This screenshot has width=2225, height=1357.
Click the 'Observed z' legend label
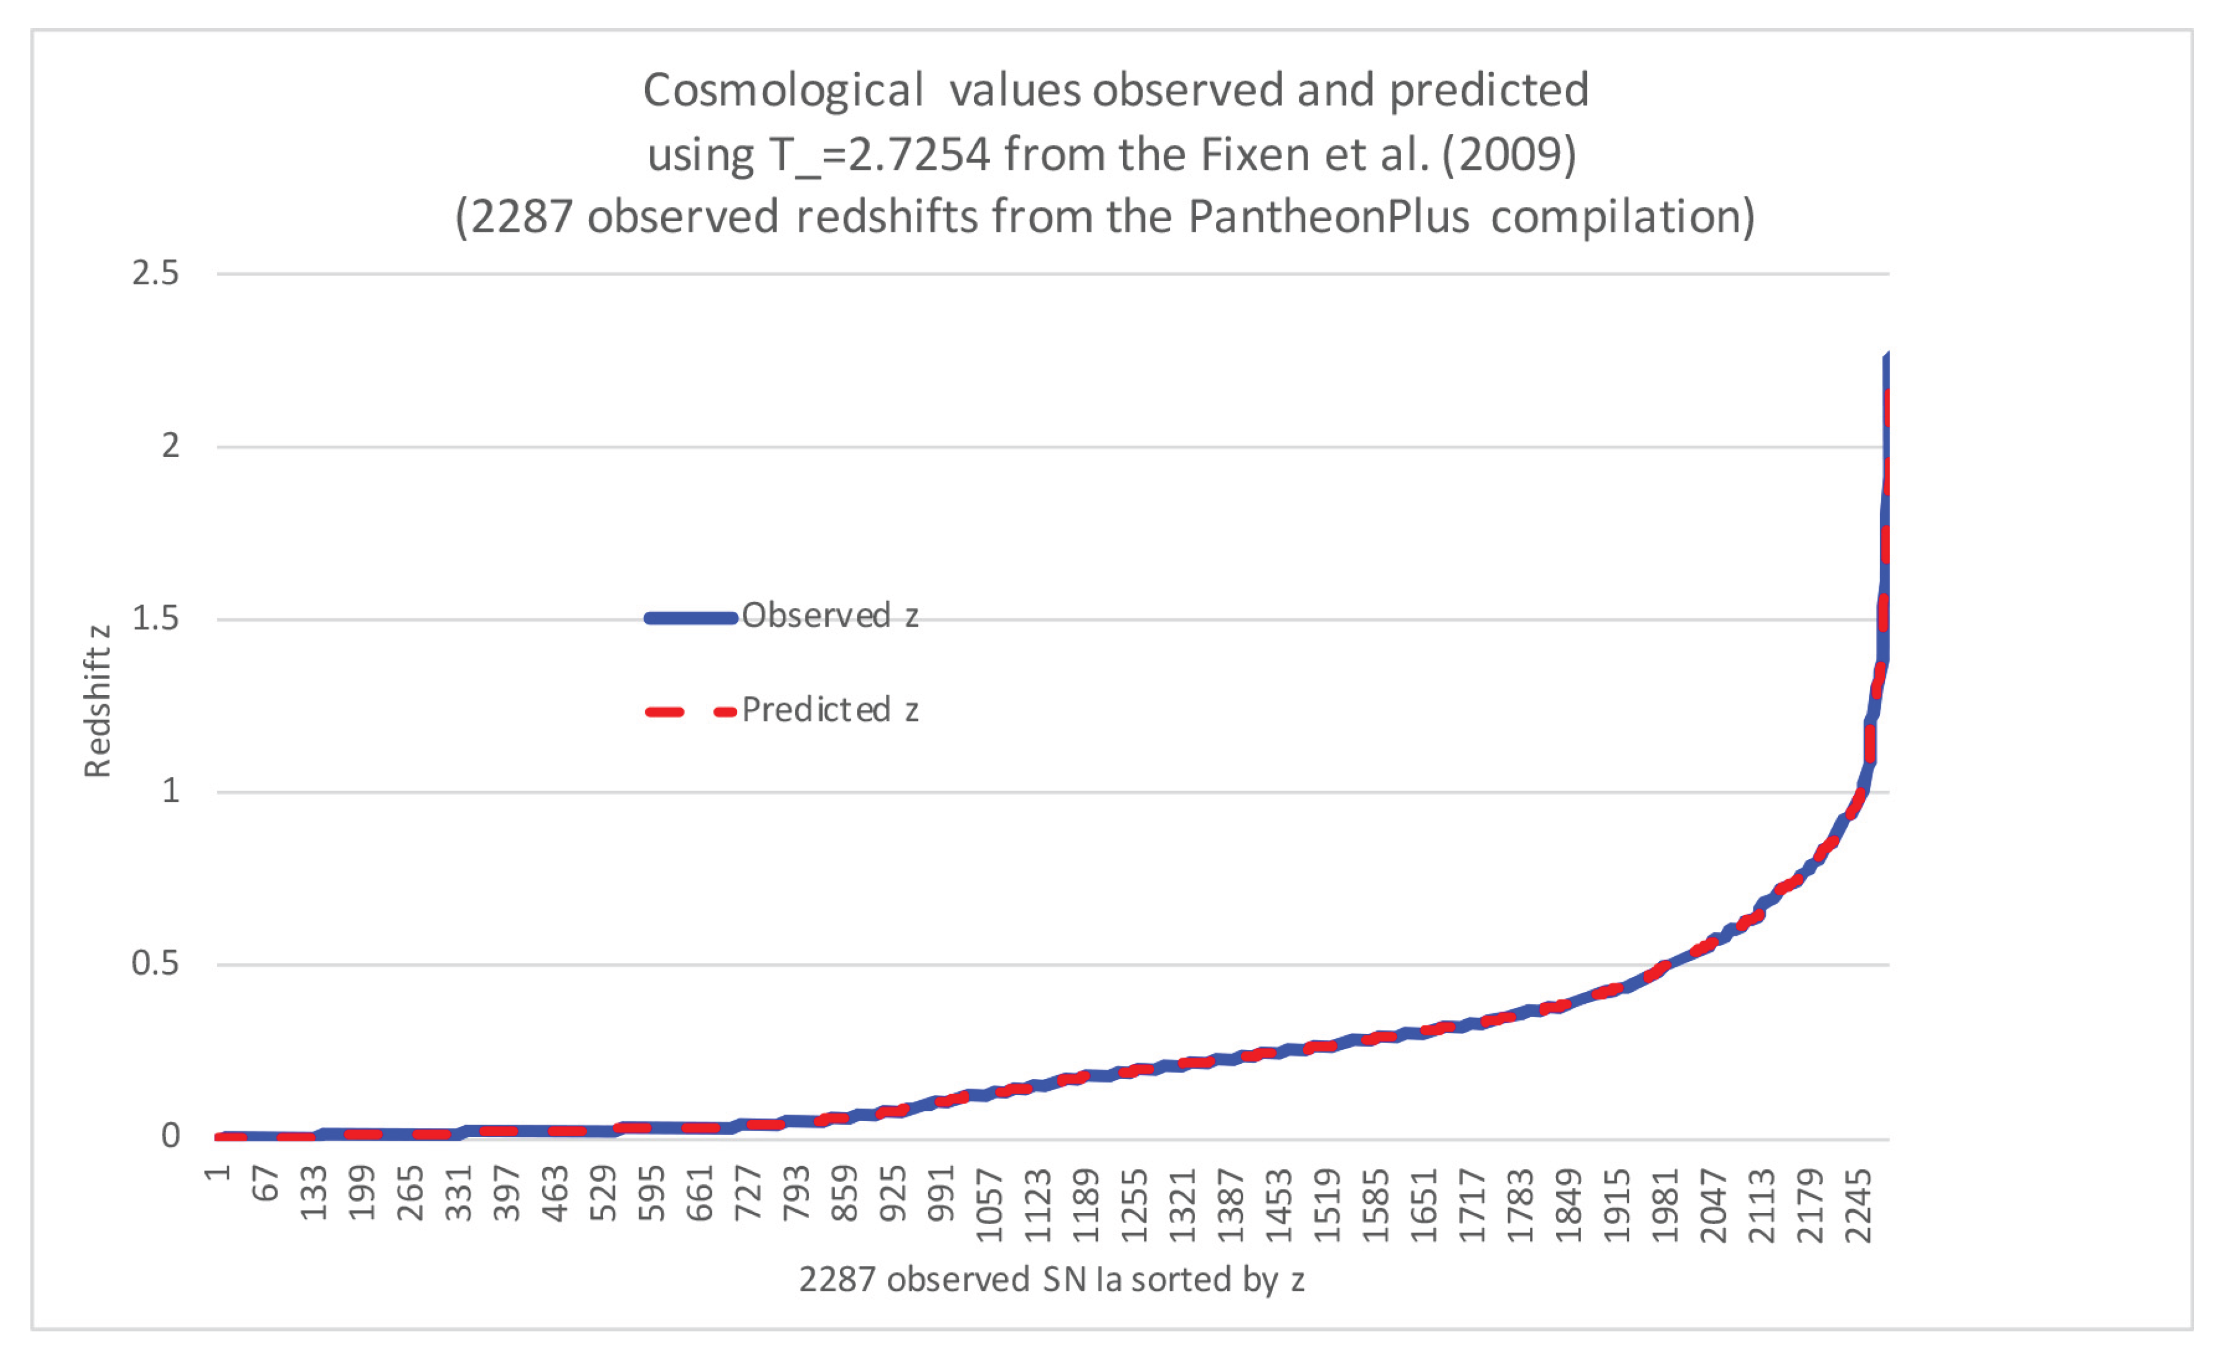(x=830, y=616)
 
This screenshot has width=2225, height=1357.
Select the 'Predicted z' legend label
(x=830, y=711)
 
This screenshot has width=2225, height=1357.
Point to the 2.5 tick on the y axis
(x=156, y=273)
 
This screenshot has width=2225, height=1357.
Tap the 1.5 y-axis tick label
(x=156, y=620)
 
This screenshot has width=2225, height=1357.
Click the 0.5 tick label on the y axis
(x=156, y=964)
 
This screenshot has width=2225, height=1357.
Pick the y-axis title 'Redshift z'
(x=98, y=702)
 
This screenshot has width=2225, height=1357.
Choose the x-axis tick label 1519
(x=1327, y=1205)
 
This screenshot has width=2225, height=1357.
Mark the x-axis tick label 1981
(x=1664, y=1205)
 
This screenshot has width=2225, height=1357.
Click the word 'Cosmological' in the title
(x=783, y=91)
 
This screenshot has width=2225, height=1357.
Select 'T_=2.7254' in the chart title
(x=879, y=155)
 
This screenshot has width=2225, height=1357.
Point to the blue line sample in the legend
(x=691, y=618)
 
